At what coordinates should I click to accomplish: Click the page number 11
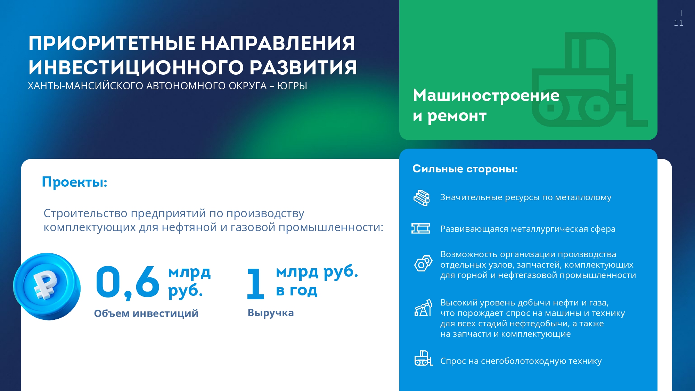click(678, 23)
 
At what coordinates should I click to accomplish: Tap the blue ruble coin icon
click(47, 286)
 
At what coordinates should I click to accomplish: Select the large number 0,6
click(128, 282)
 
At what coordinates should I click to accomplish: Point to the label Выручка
click(271, 313)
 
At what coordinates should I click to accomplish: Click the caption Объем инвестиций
click(146, 313)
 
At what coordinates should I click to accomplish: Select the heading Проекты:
click(75, 182)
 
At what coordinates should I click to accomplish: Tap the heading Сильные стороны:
click(465, 169)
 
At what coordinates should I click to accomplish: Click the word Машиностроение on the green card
click(486, 95)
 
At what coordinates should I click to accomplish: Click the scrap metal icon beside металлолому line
click(422, 198)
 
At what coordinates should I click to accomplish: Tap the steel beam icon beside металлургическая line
click(421, 228)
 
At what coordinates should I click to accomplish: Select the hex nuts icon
click(423, 263)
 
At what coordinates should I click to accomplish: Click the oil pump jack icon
click(423, 308)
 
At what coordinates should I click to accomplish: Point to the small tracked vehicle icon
click(424, 358)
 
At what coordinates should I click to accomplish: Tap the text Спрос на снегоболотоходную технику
click(521, 361)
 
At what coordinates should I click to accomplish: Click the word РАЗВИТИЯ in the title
click(303, 67)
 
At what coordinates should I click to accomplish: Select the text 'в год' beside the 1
click(297, 291)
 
